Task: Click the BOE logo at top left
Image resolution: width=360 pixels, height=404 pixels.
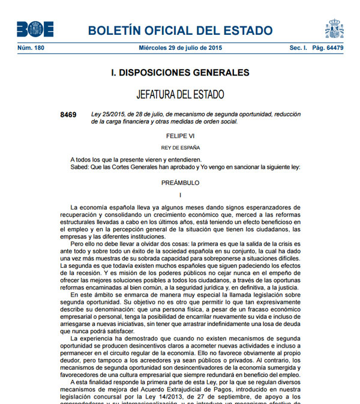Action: click(35, 29)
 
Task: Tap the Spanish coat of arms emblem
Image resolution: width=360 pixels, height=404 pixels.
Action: click(334, 28)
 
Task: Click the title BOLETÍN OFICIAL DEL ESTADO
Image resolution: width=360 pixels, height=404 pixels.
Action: click(180, 31)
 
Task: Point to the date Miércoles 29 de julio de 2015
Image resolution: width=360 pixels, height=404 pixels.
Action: click(179, 47)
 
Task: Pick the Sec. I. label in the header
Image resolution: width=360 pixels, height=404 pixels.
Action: click(298, 47)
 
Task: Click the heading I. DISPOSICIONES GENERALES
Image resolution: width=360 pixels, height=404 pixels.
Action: click(180, 73)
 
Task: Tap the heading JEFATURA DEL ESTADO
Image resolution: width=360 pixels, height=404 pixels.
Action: click(180, 95)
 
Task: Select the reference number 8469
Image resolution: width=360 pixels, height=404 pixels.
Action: click(68, 114)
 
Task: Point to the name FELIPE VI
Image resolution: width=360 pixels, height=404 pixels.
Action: click(180, 136)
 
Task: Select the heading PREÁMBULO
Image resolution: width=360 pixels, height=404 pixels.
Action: click(180, 182)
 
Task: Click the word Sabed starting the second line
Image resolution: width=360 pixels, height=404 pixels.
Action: click(80, 167)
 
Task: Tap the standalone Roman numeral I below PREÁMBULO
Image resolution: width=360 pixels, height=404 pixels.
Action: click(180, 195)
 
